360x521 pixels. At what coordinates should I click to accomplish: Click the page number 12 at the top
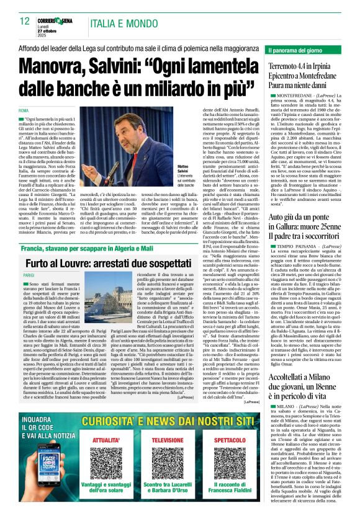point(25,21)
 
